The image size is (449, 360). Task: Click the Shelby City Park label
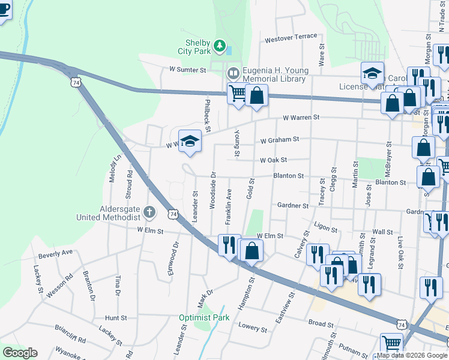coord(197,47)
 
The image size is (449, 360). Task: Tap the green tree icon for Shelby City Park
coord(220,45)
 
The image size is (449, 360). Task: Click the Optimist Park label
coord(204,317)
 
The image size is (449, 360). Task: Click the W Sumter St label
coord(187,70)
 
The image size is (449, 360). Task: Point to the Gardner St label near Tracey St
coord(293,205)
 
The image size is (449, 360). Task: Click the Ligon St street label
coord(326,229)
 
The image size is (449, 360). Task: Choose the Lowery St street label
coord(252,328)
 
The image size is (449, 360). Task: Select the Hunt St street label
coord(116,317)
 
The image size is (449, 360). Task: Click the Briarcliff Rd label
coord(70,339)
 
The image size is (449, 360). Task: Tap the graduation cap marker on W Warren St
coord(190,141)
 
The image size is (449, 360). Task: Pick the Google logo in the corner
coord(20,353)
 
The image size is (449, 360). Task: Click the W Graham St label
coord(280,140)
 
